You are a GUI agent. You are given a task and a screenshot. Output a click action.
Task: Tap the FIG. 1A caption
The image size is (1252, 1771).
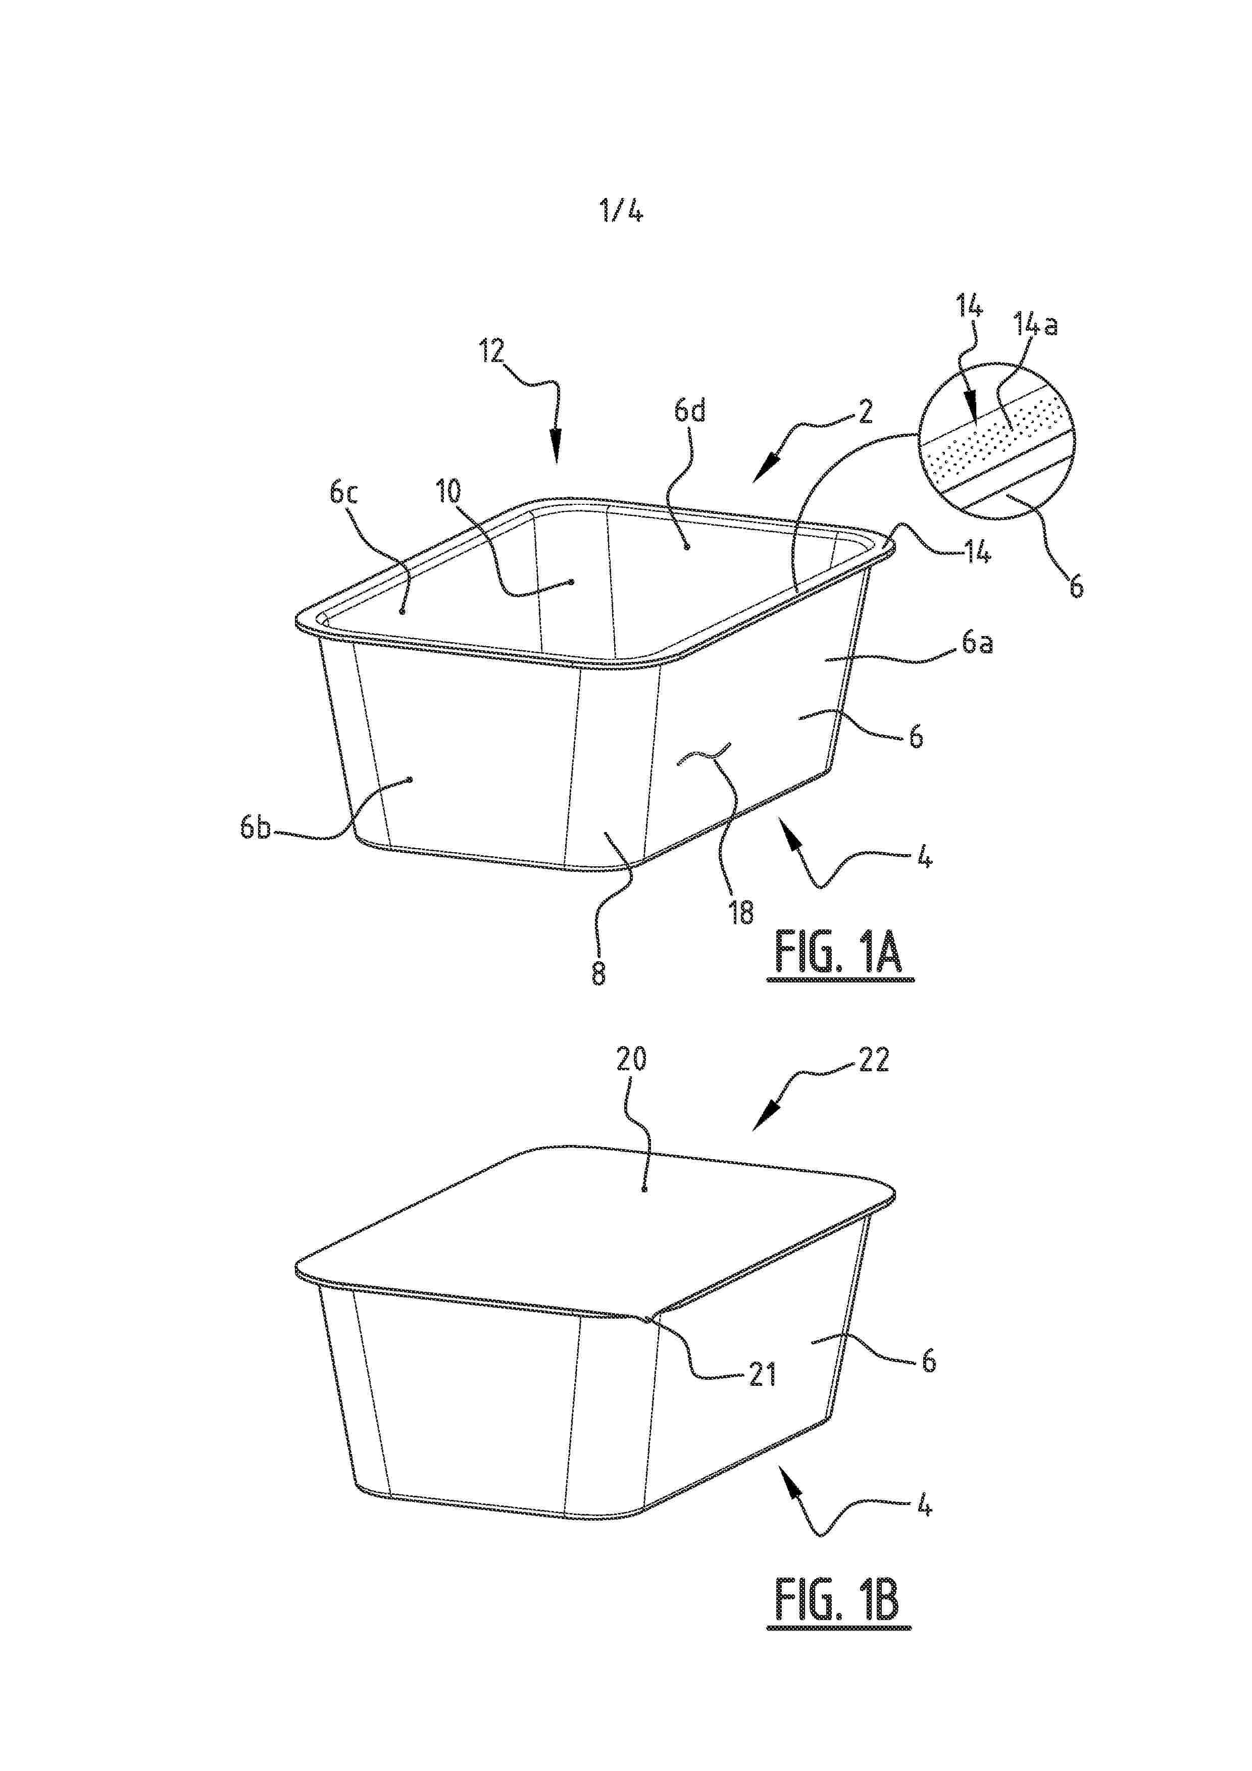[x=840, y=953]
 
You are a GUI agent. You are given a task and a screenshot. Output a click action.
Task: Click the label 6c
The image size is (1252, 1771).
[x=343, y=493]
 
